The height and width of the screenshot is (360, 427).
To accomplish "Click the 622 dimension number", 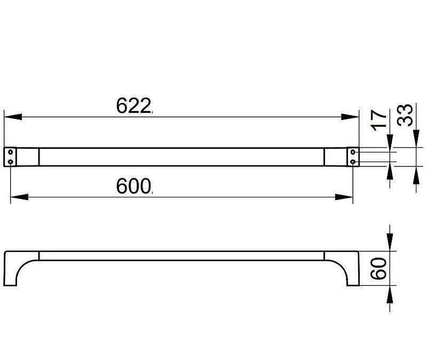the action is click(133, 106).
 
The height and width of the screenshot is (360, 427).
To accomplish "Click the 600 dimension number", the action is click(133, 186).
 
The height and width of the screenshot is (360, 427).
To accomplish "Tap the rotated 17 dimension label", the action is click(379, 121).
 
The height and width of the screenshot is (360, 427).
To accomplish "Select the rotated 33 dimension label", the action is click(405, 115).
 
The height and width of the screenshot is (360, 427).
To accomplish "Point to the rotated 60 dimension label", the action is click(379, 269).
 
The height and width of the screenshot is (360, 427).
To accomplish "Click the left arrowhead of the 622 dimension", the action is click(13, 117).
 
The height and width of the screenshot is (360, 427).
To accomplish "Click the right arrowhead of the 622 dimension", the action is click(350, 117).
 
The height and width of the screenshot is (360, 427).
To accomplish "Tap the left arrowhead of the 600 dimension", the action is click(19, 197).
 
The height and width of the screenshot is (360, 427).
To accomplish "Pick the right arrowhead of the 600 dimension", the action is click(344, 197).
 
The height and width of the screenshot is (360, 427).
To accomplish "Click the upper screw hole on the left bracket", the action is click(10, 151).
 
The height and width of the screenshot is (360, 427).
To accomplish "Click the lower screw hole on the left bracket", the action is click(10, 162).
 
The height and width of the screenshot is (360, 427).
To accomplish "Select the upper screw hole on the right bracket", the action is click(353, 151).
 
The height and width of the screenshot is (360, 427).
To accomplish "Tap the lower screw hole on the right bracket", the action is click(353, 162).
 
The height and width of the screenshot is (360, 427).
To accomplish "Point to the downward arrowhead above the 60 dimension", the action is click(390, 242).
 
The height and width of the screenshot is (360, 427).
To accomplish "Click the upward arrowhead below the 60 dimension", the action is click(390, 294).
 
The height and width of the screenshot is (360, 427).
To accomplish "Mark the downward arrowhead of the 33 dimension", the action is click(416, 139).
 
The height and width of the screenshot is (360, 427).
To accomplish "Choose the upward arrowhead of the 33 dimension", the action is click(416, 174).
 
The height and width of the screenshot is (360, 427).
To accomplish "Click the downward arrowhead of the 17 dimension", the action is click(390, 143).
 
